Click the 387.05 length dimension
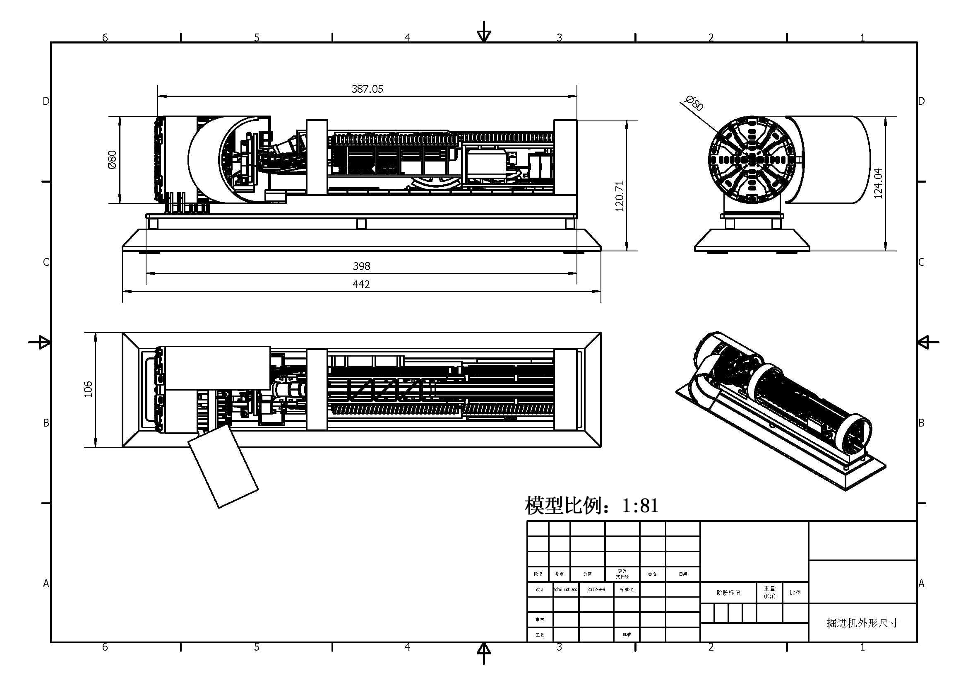(x=367, y=89)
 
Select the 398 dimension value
(x=361, y=266)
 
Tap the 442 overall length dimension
(x=361, y=284)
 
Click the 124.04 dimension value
(x=878, y=183)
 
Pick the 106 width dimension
(x=88, y=389)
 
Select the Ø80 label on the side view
(x=112, y=159)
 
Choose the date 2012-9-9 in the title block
(x=596, y=589)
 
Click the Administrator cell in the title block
(x=566, y=589)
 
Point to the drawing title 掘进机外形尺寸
(x=862, y=623)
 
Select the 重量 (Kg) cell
(x=769, y=592)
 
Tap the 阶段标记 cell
(x=728, y=593)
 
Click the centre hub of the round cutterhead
(x=753, y=159)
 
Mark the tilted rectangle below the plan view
(x=223, y=466)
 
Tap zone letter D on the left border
(x=46, y=101)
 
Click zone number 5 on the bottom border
(x=256, y=647)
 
